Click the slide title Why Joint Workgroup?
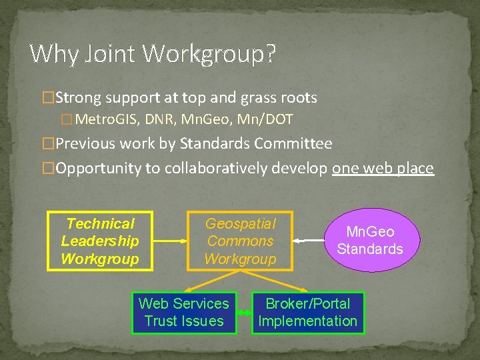[x=153, y=53]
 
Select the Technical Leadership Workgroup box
[x=100, y=241]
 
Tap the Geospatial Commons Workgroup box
[x=240, y=241]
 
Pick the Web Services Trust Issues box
[x=183, y=313]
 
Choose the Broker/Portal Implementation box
[x=307, y=313]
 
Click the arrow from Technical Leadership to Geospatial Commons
[x=170, y=241]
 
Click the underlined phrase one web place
[x=383, y=168]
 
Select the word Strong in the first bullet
[x=78, y=98]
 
